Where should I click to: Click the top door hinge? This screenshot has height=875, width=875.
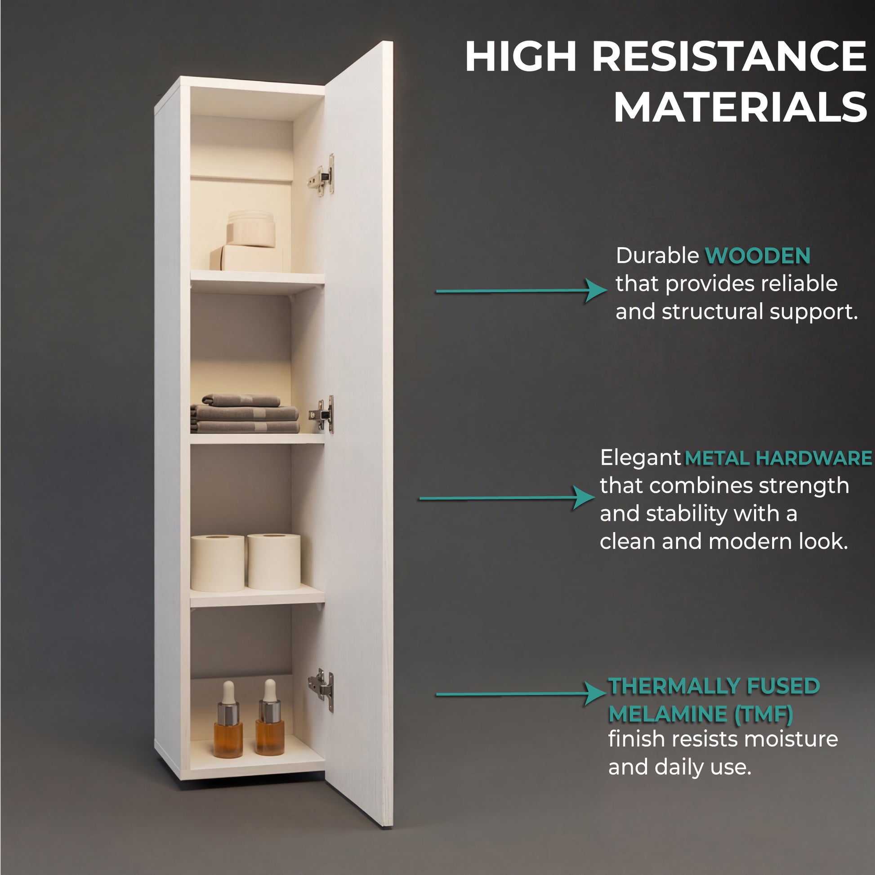(x=322, y=175)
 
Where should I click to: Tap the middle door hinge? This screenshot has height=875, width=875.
(x=322, y=414)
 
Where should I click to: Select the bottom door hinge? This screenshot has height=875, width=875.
(x=321, y=689)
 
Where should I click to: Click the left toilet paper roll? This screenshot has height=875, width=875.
(x=218, y=563)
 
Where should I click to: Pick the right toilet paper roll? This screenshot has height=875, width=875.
(x=274, y=562)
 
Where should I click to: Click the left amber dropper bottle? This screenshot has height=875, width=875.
(x=228, y=719)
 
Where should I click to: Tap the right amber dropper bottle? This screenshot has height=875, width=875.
(x=270, y=717)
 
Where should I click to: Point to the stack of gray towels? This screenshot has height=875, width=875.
(x=244, y=413)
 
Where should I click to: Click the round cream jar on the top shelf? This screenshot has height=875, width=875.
(x=251, y=229)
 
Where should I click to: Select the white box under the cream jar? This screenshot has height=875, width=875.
(x=246, y=258)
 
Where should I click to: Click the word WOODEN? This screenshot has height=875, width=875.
(x=758, y=256)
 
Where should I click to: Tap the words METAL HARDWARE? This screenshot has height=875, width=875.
(x=778, y=458)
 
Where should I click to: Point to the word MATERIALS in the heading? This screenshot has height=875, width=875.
(x=740, y=107)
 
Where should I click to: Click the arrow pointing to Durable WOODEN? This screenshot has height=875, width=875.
(x=522, y=290)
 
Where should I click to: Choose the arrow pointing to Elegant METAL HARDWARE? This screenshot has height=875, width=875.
(x=507, y=498)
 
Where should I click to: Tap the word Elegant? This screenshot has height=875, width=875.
(x=640, y=458)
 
